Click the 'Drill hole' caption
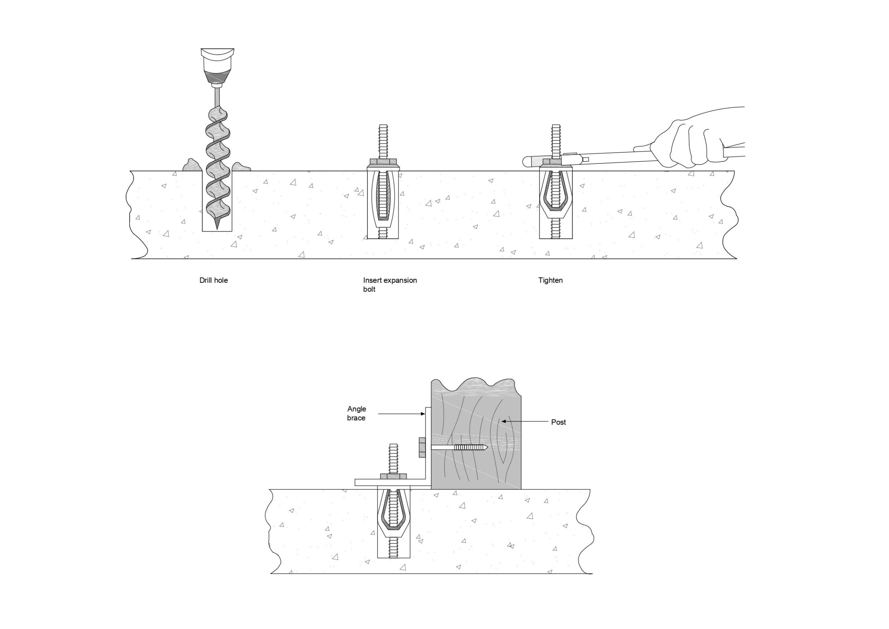(213, 280)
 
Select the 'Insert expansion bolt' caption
(390, 284)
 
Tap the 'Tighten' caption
(550, 280)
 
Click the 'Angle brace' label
(356, 413)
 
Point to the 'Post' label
(558, 422)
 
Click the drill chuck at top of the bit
(217, 66)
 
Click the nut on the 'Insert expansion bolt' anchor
(383, 161)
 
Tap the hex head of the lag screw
(422, 447)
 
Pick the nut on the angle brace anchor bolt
(393, 476)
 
